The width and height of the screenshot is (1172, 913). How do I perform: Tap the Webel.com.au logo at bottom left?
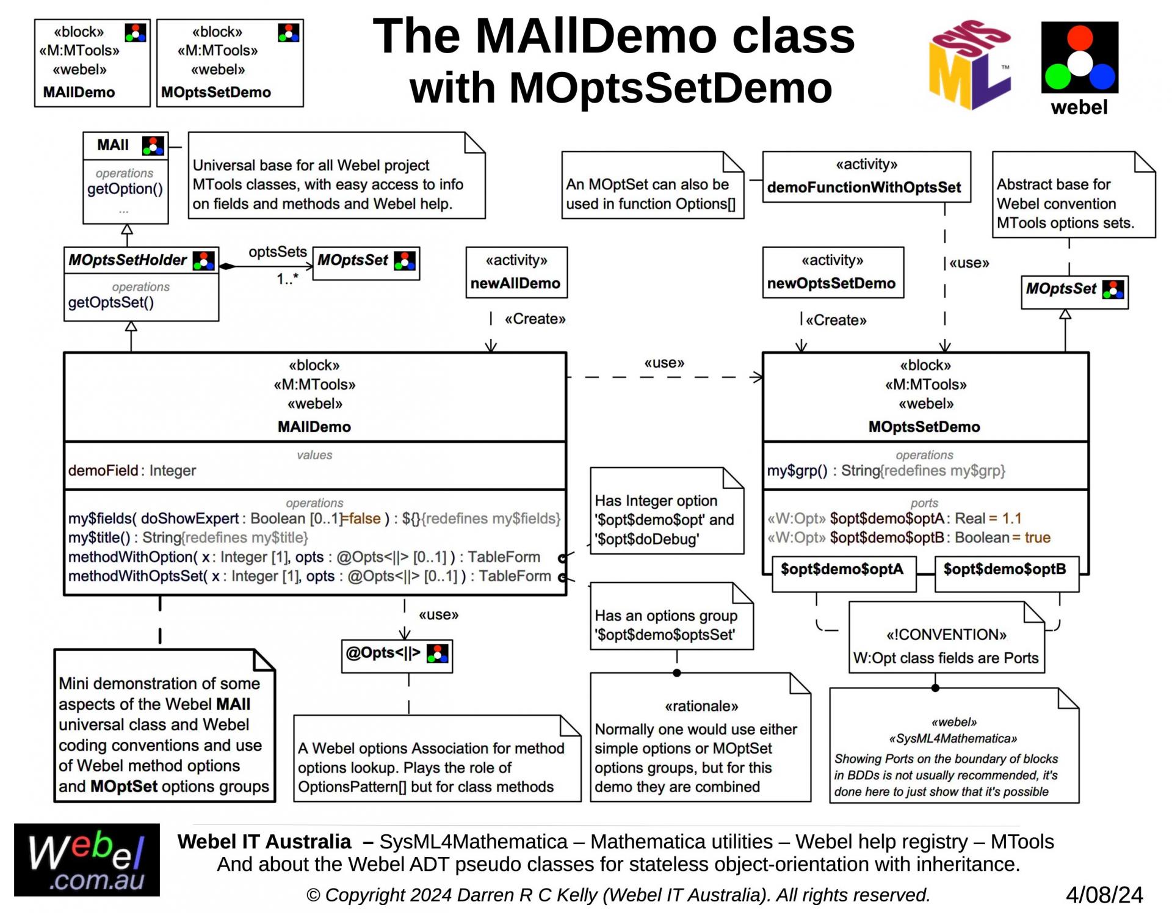(87, 860)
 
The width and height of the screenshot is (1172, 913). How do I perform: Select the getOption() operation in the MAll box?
(125, 189)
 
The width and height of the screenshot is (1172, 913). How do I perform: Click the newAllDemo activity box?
(516, 272)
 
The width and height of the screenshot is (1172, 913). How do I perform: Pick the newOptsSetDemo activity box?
(833, 272)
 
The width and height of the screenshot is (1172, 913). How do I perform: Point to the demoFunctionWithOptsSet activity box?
(866, 177)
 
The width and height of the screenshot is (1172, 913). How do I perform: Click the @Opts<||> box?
(397, 654)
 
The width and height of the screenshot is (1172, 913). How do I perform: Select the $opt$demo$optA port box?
(843, 570)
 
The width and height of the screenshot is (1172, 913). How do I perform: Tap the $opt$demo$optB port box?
(1006, 570)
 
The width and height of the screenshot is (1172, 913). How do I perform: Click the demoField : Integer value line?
(132, 471)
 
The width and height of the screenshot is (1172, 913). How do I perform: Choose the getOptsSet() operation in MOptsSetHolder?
(111, 302)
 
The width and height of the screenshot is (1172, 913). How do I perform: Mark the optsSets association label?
(278, 252)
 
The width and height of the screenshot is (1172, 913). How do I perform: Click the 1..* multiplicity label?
(288, 279)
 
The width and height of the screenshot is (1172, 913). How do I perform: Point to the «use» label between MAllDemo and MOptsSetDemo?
(664, 363)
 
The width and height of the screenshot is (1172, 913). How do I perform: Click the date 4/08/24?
(1104, 895)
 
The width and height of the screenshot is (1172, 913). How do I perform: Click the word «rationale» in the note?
(701, 707)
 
